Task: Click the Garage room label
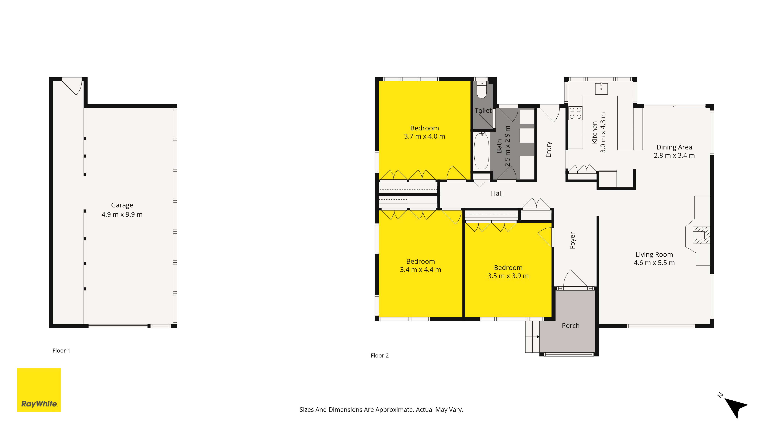[122, 205]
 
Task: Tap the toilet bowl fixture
[482, 89]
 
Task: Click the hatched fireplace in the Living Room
[701, 235]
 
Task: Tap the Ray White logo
[39, 390]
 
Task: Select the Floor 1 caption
[61, 351]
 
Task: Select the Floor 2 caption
[380, 356]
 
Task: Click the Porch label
[571, 326]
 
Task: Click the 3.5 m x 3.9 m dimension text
[508, 276]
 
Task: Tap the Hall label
[497, 193]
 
